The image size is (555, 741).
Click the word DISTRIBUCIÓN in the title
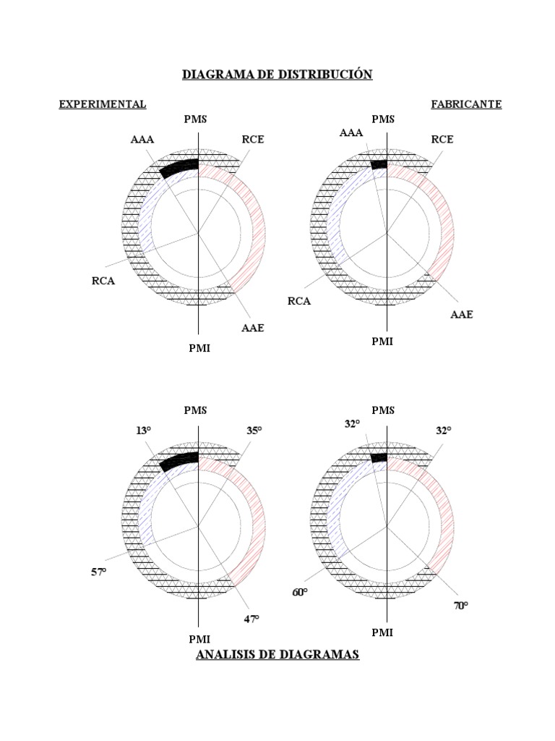click(325, 75)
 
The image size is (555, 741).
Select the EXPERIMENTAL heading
click(103, 104)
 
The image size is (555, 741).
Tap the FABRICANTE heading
click(466, 104)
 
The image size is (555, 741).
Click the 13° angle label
click(144, 431)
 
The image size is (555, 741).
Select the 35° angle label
click(254, 431)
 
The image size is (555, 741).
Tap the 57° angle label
click(98, 572)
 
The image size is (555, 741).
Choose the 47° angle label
click(251, 619)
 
